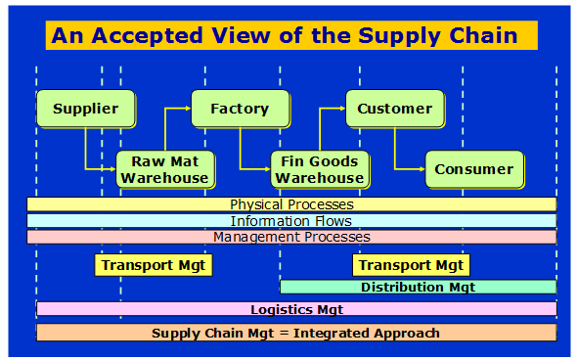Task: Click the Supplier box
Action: pos(85,109)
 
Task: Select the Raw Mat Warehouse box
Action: pos(164,169)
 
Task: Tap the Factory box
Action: pos(240,109)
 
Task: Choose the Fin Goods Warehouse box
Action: pos(319,169)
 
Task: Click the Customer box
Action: pos(394,109)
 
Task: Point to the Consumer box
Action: pos(473,169)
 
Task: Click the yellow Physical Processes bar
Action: pos(291,204)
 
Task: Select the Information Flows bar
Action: pos(291,221)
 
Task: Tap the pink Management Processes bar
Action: pos(291,237)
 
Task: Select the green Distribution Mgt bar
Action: pos(418,287)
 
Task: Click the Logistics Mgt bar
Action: pos(296,309)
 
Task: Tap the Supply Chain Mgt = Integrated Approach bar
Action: pos(296,333)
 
